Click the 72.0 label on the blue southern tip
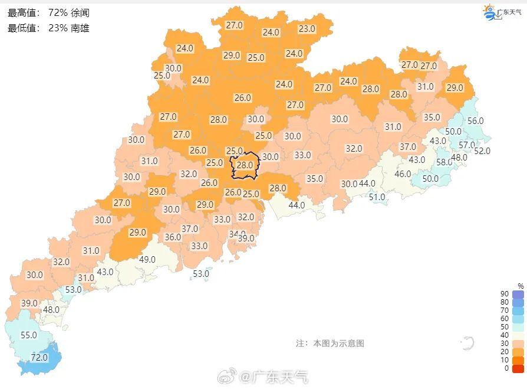pos(39,357)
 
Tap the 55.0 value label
pos(29,335)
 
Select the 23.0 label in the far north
pos(307,28)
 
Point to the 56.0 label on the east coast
pos(475,120)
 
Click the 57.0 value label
pos(467,145)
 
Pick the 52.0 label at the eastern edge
pos(482,151)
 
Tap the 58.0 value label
pos(444,162)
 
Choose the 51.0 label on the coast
pos(377,197)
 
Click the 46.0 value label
pos(403,174)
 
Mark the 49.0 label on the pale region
pos(147,259)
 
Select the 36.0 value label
pos(173,237)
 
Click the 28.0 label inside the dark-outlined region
pos(245,165)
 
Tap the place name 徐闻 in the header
pos(80,12)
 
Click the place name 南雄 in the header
pos(80,28)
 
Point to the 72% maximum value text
pos(58,12)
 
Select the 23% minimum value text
pos(58,28)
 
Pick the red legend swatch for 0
pos(518,368)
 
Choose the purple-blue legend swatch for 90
pos(518,294)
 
